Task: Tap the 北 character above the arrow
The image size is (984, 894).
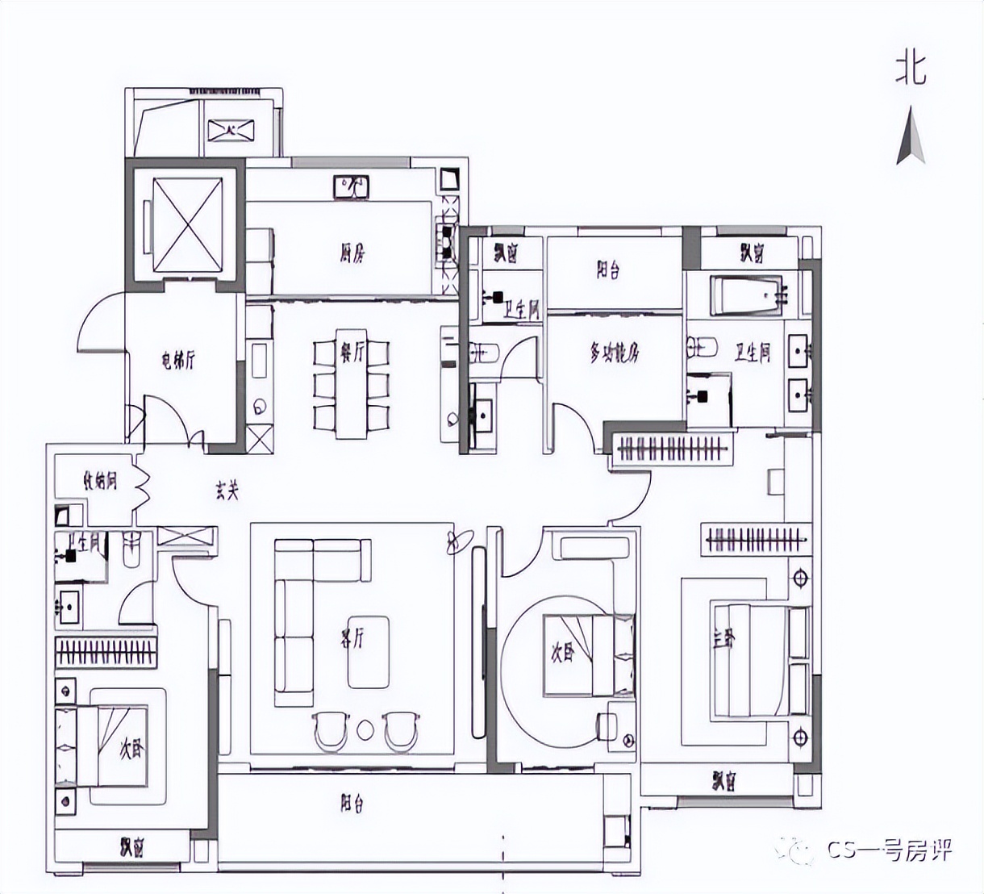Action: (911, 70)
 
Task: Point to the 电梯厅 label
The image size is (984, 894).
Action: (178, 361)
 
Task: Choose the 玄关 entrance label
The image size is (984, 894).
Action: (227, 489)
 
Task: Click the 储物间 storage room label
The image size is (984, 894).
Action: (100, 482)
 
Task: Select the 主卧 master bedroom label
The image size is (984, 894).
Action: (723, 638)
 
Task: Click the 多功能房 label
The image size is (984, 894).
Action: (615, 353)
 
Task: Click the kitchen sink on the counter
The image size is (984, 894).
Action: (351, 187)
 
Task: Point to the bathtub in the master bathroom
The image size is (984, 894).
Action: (746, 297)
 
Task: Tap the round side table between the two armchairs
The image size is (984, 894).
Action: (365, 729)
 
